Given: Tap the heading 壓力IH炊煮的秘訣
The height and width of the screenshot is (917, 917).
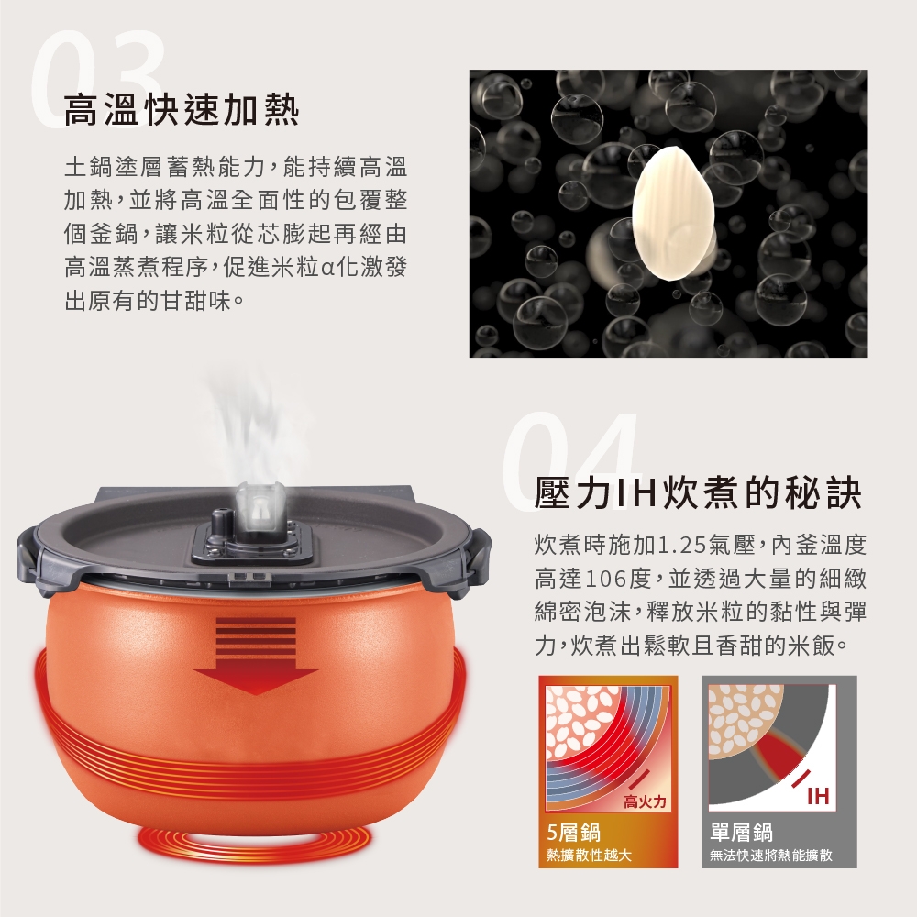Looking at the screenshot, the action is tap(698, 492).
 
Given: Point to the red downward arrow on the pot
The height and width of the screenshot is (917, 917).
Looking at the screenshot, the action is tap(256, 655).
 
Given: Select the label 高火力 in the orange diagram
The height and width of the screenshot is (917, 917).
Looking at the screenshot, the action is tap(645, 801).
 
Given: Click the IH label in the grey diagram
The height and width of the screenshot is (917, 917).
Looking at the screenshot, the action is tap(817, 795).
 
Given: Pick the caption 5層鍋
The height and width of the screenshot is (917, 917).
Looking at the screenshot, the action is tap(573, 832).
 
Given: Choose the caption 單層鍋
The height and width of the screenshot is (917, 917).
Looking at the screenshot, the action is tap(741, 832).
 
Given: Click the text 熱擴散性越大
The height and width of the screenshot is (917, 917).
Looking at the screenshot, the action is tap(589, 856).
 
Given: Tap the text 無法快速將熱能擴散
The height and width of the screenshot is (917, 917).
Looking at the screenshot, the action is tap(771, 856).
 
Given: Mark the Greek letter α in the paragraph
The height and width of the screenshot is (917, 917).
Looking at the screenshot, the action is tap(328, 269).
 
